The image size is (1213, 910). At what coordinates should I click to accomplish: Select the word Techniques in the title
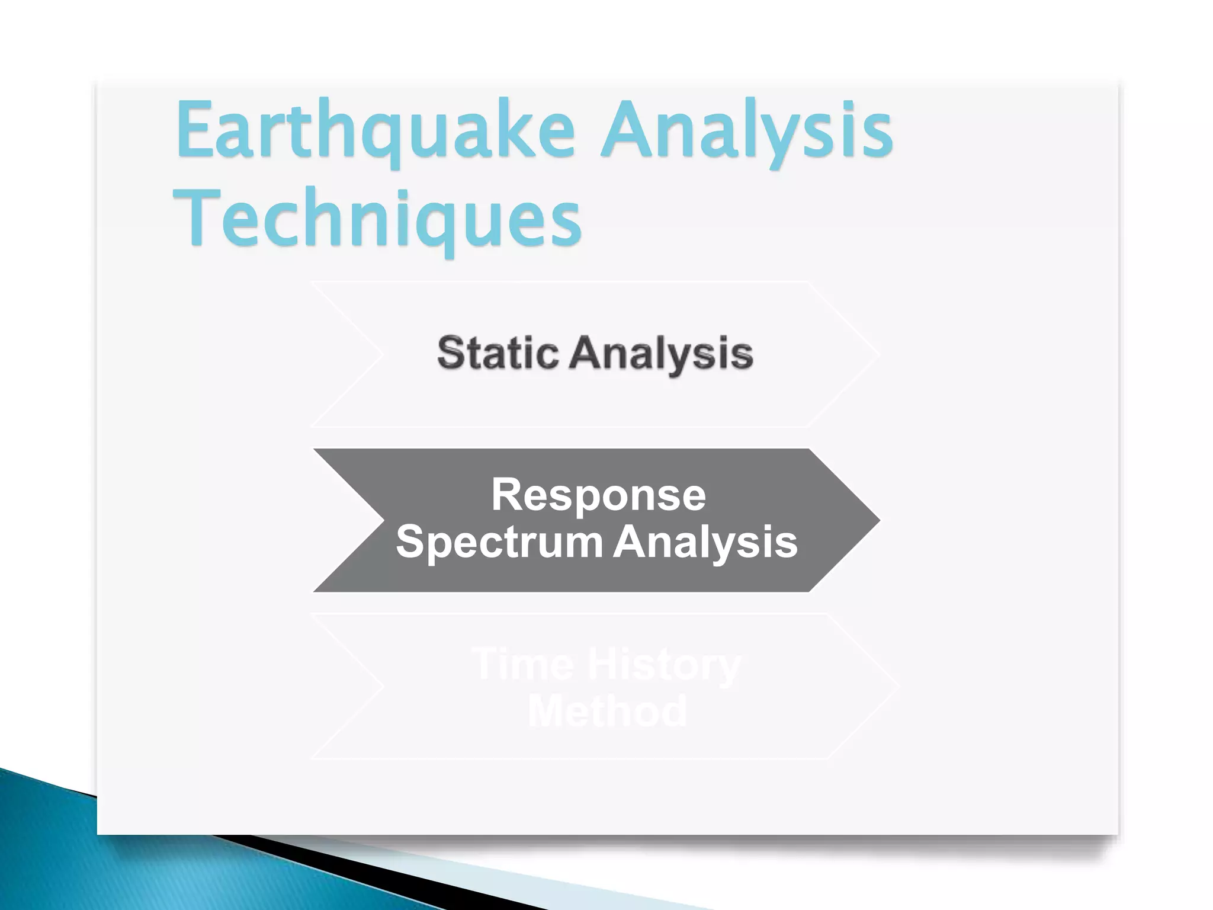point(377,219)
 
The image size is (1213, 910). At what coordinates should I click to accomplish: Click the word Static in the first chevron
point(498,353)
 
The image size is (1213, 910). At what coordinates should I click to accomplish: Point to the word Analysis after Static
point(661,354)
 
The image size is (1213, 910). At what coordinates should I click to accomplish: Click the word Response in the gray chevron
point(598,495)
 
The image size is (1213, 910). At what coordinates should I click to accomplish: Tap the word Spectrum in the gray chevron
point(499,542)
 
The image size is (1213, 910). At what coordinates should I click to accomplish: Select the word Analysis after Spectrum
point(705,542)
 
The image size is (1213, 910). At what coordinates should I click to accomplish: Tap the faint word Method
point(607,711)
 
